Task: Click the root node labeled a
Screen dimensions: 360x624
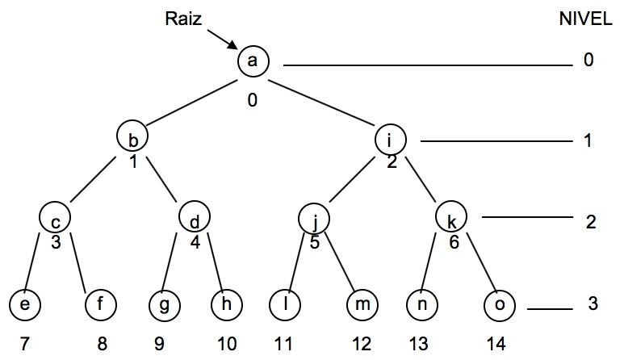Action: pos(252,61)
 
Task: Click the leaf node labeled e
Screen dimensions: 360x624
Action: pos(24,305)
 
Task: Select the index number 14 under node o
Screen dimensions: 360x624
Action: pos(496,343)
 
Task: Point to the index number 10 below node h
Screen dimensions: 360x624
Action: pos(227,343)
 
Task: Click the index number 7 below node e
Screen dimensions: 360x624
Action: pos(24,343)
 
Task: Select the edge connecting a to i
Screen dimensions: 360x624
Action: pos(323,100)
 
